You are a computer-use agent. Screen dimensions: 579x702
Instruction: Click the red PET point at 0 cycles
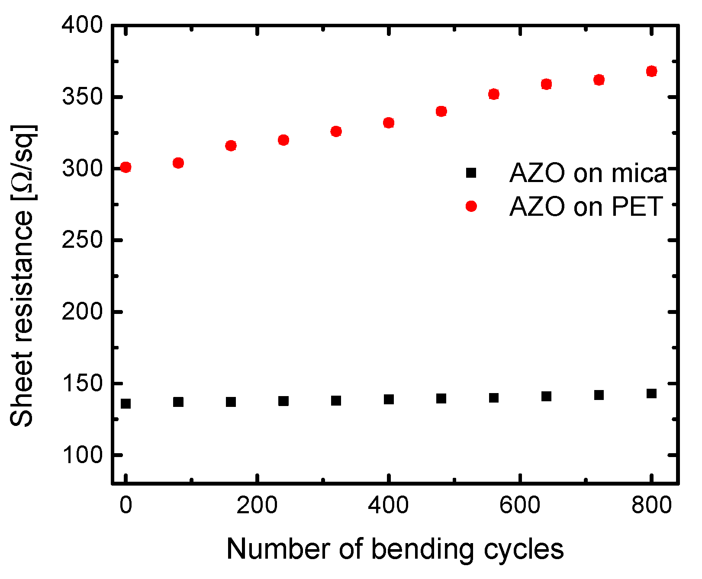126,167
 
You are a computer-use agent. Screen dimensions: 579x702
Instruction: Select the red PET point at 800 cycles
652,71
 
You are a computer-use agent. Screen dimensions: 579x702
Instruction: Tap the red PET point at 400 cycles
389,123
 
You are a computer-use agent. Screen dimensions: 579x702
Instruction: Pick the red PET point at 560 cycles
494,94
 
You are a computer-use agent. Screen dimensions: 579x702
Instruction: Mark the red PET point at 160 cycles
231,146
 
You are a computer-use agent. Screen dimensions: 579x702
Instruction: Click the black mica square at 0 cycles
126,404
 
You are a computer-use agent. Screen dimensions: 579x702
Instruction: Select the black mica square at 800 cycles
652,393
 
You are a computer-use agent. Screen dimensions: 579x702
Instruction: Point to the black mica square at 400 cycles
389,399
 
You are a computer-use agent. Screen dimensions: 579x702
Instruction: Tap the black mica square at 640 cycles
547,396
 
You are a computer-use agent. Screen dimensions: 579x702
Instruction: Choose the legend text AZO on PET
586,207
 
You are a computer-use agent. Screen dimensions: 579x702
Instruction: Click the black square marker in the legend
471,173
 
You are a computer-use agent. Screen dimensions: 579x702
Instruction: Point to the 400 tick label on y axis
82,26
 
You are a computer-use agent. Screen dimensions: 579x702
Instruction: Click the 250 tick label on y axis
82,240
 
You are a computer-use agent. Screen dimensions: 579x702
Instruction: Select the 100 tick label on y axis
82,455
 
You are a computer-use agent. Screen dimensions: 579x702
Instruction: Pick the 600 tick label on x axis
520,505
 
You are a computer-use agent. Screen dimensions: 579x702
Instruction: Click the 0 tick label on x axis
126,505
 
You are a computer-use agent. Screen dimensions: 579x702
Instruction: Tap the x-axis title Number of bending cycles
395,550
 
